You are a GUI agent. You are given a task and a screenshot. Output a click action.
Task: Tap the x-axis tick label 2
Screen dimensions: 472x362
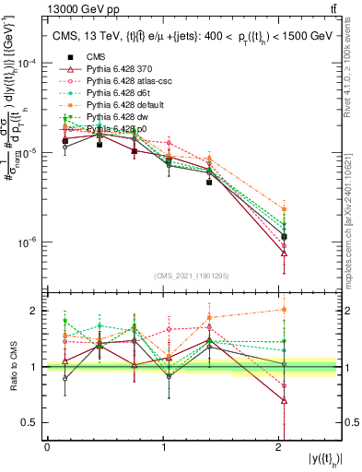pos(280,446)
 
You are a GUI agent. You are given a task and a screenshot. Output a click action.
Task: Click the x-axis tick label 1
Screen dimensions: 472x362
pos(163,446)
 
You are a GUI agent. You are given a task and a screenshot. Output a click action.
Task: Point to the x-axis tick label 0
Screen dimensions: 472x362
pos(47,446)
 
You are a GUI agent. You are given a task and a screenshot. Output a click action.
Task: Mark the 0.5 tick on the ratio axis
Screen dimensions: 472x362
pos(32,422)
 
